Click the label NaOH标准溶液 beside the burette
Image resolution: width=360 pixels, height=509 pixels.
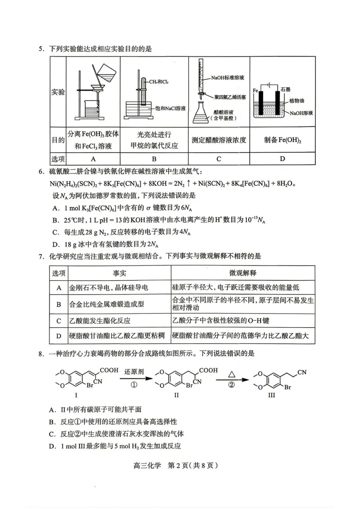pyautogui.click(x=227, y=78)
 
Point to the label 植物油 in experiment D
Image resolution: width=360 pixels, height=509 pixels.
pyautogui.click(x=296, y=100)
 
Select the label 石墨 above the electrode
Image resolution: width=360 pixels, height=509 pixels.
pyautogui.click(x=285, y=89)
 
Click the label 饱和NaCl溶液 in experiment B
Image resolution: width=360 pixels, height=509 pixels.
pyautogui.click(x=170, y=108)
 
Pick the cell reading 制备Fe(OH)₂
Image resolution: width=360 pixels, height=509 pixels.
pyautogui.click(x=282, y=140)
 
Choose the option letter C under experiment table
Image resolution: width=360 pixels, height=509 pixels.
pyautogui.click(x=219, y=159)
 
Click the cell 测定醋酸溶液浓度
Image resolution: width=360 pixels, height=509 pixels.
pyautogui.click(x=219, y=140)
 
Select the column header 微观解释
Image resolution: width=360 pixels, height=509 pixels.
pyautogui.click(x=243, y=273)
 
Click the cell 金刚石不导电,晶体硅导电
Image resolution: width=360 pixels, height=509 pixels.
pyautogui.click(x=108, y=288)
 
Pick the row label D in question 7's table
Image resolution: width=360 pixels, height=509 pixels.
pyautogui.click(x=59, y=336)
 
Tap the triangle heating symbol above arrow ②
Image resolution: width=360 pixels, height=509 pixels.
pyautogui.click(x=232, y=374)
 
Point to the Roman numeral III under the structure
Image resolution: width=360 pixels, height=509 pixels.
pyautogui.click(x=271, y=395)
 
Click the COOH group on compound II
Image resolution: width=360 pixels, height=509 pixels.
pyautogui.click(x=208, y=370)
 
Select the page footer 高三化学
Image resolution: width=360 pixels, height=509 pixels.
pyautogui.click(x=147, y=465)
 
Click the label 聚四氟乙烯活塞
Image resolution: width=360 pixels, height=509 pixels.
pyautogui.click(x=230, y=97)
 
